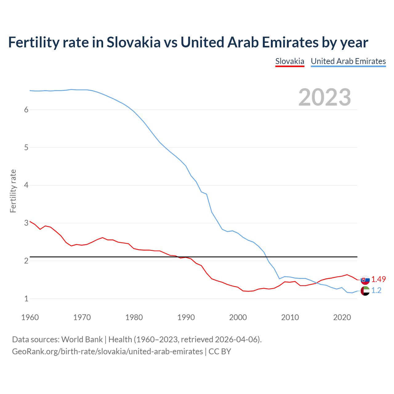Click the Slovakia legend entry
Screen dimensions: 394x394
[290, 61]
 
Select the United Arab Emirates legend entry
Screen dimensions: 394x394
[348, 61]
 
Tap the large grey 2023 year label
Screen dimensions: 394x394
[325, 97]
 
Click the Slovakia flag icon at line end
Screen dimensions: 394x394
[365, 280]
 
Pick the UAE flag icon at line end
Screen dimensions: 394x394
[365, 291]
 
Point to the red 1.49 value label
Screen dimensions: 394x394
[378, 279]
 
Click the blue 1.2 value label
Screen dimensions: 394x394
[376, 290]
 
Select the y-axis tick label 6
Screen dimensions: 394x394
[26, 110]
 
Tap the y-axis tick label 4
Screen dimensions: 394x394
[26, 185]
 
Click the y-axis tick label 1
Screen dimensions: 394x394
[26, 299]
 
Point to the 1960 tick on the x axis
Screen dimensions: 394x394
[30, 317]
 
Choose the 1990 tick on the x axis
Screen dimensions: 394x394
[186, 317]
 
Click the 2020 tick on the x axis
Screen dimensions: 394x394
[342, 317]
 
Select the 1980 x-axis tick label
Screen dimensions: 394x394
[134, 317]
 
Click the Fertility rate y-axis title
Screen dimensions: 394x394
[13, 191]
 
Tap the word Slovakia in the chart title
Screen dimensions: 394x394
[134, 42]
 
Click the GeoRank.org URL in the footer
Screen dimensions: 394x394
[107, 352]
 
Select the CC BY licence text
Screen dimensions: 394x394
[220, 352]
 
